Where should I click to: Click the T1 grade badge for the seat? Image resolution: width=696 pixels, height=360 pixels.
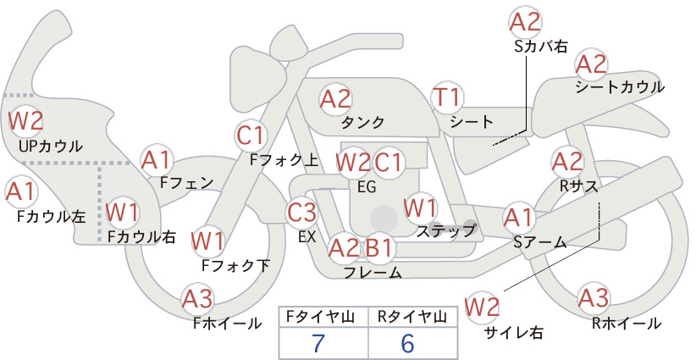coord(447,97)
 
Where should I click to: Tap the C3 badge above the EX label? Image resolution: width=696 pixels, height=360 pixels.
coord(301,212)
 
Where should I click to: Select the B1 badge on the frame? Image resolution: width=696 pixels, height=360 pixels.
coord(378,248)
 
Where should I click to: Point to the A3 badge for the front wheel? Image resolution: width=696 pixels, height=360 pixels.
coord(197,299)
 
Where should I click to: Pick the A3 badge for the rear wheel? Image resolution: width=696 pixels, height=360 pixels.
coord(593,298)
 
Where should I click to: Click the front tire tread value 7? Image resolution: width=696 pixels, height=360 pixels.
coord(318,343)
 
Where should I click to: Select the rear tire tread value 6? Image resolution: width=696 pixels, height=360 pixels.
coord(407,343)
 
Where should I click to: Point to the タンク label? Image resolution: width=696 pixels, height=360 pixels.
coord(362,122)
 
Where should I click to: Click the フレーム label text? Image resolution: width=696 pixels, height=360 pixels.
coord(373,273)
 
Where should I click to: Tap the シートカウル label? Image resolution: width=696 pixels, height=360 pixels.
coord(620,87)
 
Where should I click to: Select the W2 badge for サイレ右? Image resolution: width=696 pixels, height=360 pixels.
coord(482,307)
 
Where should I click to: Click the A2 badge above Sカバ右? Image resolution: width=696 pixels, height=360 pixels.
coord(525,22)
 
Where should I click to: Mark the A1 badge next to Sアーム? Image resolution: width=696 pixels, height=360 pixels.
coord(519,218)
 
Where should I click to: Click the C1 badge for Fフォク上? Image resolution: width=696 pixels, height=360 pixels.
coord(251,136)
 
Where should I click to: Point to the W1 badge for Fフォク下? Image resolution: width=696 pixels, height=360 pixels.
coord(207,241)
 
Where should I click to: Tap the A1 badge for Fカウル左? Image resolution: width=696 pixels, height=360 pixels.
coord(20,192)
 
